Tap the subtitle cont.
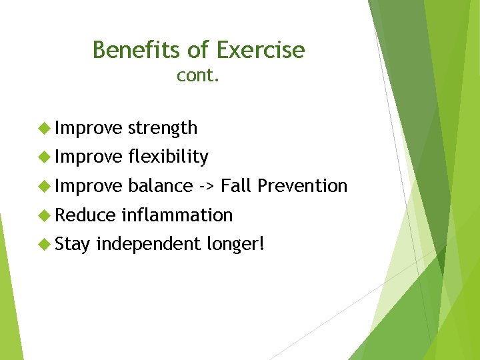198,76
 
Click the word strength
163,128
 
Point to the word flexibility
168,157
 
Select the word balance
161,185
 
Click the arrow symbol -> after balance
207,185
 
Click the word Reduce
85,215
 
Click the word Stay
73,244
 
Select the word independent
148,244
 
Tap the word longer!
235,244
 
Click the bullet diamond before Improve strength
45,128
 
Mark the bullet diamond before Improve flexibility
45,157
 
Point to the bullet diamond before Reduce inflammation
45,215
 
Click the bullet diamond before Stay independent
45,244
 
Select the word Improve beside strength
89,128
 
